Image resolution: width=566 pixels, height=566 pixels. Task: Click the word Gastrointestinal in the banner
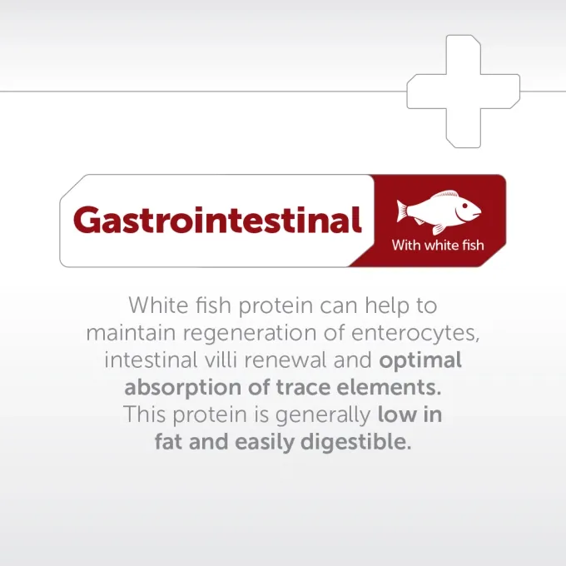217,221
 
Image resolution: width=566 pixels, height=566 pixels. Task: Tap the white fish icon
438,213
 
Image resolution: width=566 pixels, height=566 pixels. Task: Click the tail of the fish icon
403,212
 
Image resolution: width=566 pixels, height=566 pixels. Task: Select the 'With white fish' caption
438,246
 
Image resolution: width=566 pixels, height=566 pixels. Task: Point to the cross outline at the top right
463,91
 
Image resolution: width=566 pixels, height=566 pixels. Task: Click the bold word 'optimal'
420,361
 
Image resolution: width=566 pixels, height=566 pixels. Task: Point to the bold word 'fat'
170,441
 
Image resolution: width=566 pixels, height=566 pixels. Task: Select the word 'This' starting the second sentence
144,415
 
